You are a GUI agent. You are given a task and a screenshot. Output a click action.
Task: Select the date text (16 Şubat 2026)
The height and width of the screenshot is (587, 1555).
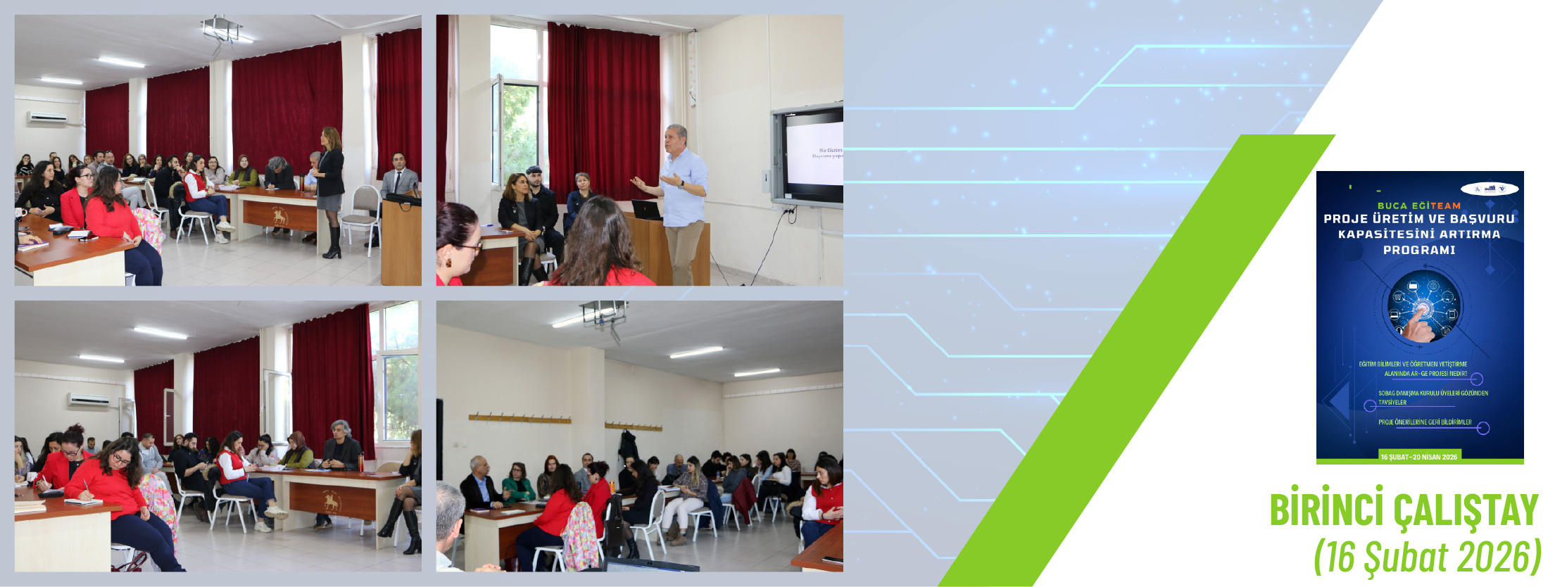click(x=1427, y=557)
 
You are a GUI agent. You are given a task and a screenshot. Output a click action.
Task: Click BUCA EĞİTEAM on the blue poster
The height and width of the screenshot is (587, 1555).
click(x=1419, y=206)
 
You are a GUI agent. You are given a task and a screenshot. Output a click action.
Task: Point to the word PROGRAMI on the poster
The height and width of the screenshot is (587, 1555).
click(x=1419, y=250)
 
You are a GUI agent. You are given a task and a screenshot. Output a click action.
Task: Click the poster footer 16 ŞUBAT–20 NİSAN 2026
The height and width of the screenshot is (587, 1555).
click(x=1419, y=457)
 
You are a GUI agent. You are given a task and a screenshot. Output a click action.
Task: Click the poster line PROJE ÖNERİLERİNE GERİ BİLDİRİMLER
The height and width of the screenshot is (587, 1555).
click(x=1425, y=422)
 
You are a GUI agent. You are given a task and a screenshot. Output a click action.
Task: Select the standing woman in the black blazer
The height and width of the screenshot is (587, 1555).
click(x=329, y=187)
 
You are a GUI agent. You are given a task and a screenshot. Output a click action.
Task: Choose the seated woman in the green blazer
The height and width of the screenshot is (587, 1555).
click(x=518, y=484)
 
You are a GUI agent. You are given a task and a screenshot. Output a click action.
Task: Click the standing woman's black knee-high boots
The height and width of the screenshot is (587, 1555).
click(x=332, y=242)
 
